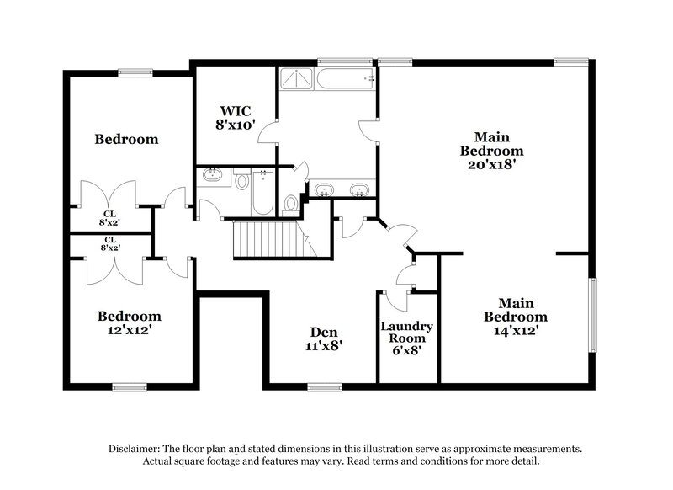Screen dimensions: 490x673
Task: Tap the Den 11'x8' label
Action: point(323,338)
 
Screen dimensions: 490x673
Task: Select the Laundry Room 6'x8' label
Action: point(406,338)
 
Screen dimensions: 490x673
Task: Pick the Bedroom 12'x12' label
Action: point(129,323)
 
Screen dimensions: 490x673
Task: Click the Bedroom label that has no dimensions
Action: point(126,139)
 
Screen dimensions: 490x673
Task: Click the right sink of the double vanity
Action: point(360,189)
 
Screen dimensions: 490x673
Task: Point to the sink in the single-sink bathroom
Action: point(213,177)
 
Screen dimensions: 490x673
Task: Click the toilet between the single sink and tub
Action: point(241,180)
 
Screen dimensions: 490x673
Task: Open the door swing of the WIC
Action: point(268,135)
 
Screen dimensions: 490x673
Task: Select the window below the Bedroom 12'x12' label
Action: point(130,387)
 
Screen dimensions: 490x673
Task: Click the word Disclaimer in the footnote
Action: point(135,449)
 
